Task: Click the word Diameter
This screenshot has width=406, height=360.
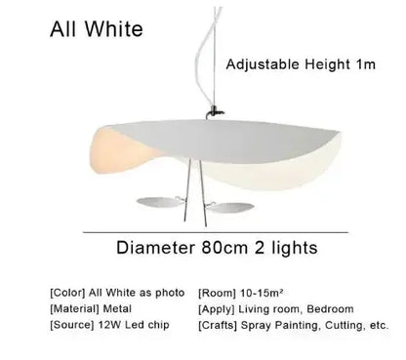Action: (x=160, y=247)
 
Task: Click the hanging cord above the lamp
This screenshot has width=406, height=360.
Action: (x=202, y=59)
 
